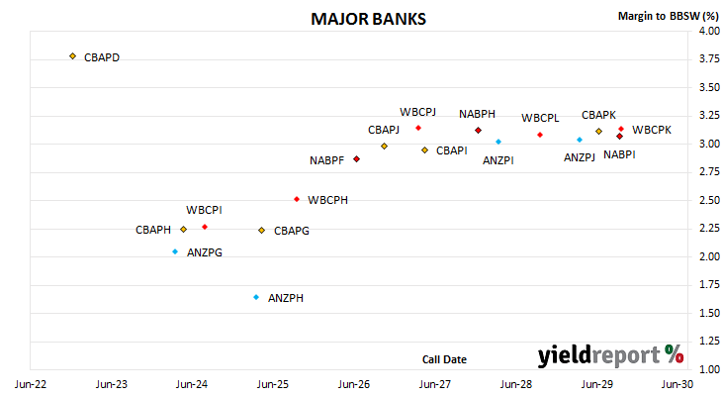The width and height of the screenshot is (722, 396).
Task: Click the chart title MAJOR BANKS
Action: (368, 19)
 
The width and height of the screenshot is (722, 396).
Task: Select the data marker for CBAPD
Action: (73, 56)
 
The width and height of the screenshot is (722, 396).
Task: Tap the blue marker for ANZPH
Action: (256, 297)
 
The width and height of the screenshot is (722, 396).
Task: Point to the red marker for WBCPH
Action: (297, 199)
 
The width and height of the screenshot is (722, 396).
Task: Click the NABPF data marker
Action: (356, 159)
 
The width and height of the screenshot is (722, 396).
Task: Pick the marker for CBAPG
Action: (261, 230)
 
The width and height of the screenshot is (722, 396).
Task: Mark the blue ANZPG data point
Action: (175, 251)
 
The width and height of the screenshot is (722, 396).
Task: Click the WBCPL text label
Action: (540, 118)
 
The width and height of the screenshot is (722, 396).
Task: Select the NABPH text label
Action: (477, 114)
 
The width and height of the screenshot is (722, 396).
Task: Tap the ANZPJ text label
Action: (580, 157)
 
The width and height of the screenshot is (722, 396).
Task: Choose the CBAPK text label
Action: (598, 115)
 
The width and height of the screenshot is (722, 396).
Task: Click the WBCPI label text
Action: (204, 210)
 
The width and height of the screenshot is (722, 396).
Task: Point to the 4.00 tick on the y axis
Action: (709, 31)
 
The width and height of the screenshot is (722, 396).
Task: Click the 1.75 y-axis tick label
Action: (709, 284)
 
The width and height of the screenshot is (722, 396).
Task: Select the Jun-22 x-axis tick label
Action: (31, 384)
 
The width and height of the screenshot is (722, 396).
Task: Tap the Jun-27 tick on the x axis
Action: (434, 384)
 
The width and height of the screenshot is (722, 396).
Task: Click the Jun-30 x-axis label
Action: (677, 384)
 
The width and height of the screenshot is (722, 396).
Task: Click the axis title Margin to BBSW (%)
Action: (669, 16)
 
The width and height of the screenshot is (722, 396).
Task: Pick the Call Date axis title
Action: (444, 359)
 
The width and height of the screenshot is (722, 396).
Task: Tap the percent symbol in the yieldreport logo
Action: (675, 354)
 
